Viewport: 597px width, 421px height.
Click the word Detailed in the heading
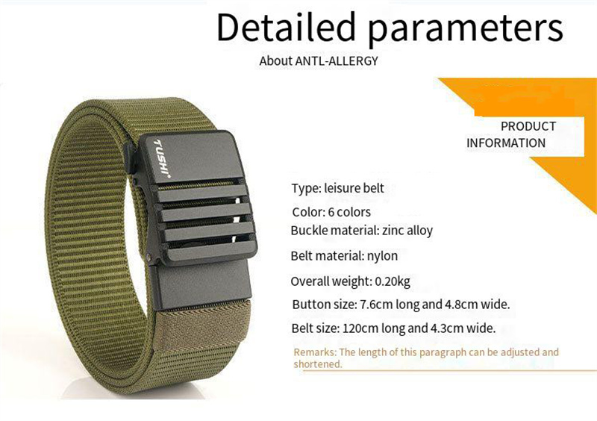286,28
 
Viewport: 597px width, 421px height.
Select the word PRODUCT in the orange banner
528,126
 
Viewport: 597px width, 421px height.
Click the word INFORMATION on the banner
506,143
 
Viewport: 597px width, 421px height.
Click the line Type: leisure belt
338,188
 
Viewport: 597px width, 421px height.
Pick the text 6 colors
349,212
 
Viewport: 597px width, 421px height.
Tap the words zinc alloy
407,231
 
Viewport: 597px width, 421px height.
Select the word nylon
382,255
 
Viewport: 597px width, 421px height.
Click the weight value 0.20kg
393,281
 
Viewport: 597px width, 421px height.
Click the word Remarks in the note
314,352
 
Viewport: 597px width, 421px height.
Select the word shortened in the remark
318,364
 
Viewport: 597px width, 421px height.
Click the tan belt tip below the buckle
204,329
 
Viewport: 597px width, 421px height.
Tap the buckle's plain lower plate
201,283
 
